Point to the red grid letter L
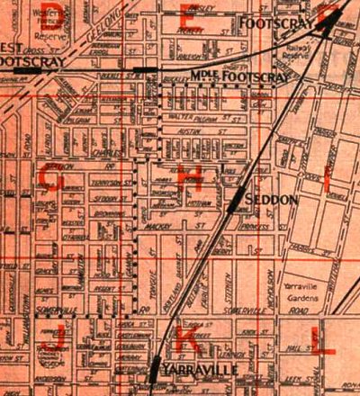point(320,339)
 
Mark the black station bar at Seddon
point(236,200)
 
